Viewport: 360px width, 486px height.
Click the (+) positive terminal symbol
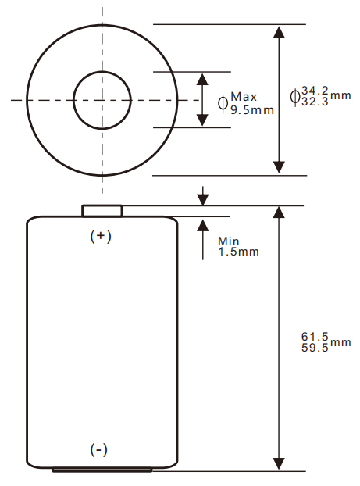pos(102,235)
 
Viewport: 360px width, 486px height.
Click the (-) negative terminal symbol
pos(99,449)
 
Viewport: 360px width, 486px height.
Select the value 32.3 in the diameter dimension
pos(315,102)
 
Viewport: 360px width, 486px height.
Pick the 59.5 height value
pos(315,348)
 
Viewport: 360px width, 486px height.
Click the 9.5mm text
pos(252,109)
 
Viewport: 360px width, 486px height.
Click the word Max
pos(244,97)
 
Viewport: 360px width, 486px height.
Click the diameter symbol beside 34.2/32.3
pos(294,96)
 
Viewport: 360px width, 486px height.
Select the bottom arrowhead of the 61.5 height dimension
pos(279,464)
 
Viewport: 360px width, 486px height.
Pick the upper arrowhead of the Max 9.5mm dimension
pos(202,80)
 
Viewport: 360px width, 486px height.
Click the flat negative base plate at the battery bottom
pos(102,470)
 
